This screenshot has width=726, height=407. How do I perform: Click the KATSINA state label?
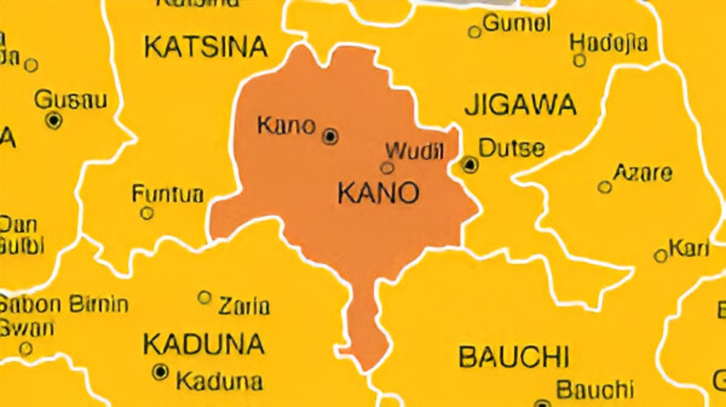click(x=206, y=47)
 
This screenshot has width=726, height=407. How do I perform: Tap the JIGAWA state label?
click(x=520, y=105)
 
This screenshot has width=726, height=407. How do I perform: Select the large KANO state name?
click(x=378, y=194)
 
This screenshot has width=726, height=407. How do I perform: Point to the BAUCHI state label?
click(x=514, y=357)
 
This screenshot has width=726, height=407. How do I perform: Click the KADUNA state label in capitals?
click(x=204, y=345)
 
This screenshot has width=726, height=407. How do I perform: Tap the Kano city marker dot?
click(x=330, y=137)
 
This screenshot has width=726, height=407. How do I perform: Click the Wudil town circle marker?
click(x=387, y=168)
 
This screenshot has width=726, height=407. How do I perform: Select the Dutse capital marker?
click(x=470, y=164)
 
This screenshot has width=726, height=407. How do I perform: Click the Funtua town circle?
click(x=146, y=213)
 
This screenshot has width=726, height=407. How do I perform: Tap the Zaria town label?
click(x=243, y=306)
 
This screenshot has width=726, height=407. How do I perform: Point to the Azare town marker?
click(x=604, y=187)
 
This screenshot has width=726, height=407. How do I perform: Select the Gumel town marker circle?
click(x=475, y=31)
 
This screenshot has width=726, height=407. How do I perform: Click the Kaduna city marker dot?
click(x=160, y=371)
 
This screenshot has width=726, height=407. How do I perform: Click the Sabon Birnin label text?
click(x=64, y=304)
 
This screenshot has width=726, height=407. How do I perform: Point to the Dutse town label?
click(x=511, y=148)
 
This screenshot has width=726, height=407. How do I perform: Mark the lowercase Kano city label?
click(x=286, y=125)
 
